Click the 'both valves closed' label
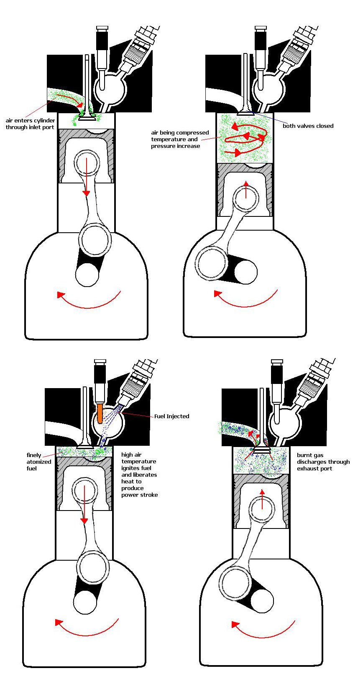(x=308, y=126)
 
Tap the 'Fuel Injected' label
(x=171, y=416)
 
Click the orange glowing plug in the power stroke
(x=100, y=414)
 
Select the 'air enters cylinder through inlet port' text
(x=30, y=124)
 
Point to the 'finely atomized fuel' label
(x=38, y=462)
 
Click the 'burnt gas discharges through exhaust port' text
(x=323, y=462)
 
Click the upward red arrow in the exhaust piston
(x=262, y=498)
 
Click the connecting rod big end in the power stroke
(x=93, y=567)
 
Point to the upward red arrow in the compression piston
(x=246, y=189)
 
